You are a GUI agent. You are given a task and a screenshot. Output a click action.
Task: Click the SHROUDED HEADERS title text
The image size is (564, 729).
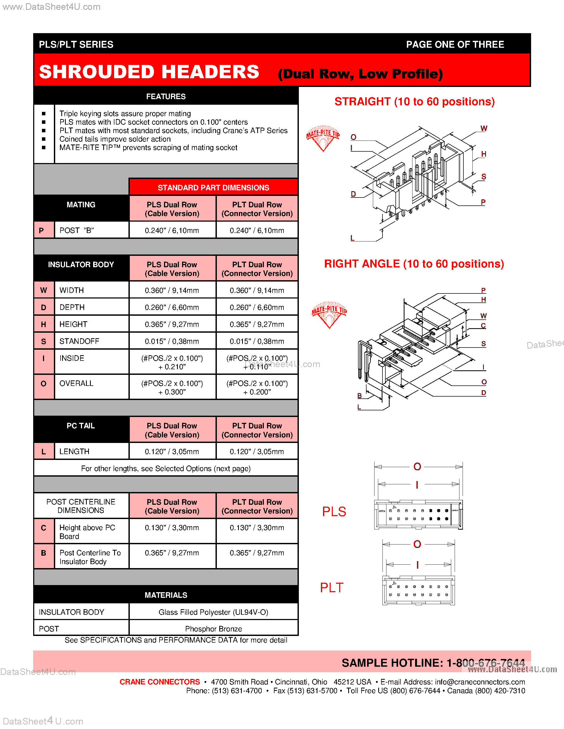coord(149,72)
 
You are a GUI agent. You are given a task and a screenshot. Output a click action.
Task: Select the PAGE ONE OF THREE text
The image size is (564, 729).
coord(455,44)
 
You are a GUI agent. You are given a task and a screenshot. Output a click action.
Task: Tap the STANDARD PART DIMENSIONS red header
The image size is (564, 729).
coord(213,188)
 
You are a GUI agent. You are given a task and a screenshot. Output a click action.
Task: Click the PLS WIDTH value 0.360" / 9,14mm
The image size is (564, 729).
coord(172,290)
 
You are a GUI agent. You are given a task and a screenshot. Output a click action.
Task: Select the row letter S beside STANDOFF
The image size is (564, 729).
coord(44,341)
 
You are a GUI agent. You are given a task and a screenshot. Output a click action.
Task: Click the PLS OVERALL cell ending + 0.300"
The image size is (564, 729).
coord(172,388)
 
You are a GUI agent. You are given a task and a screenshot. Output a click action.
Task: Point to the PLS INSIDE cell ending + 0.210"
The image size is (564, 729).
coord(172,362)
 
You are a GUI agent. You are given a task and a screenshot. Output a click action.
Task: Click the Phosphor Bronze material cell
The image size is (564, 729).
coord(213,629)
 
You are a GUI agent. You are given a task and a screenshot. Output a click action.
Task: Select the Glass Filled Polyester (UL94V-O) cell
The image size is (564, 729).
coord(213,612)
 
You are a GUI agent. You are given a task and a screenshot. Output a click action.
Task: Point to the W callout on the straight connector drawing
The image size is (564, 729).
coord(484,129)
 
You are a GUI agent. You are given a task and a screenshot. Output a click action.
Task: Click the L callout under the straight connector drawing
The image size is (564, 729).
coord(352,238)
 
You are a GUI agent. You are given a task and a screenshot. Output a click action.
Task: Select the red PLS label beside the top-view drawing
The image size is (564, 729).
coord(334,512)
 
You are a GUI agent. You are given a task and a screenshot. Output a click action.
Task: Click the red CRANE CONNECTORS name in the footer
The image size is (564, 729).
coord(160,682)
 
